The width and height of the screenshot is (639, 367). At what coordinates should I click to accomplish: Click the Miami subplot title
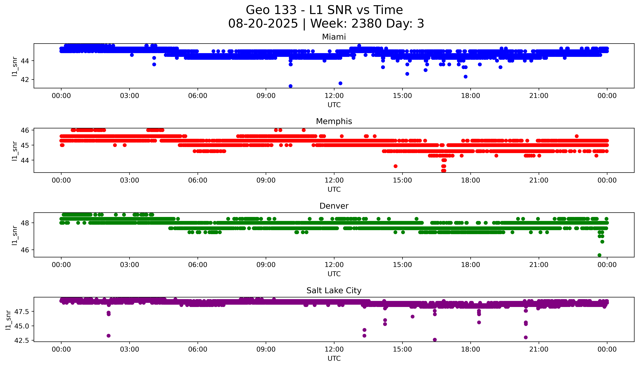(x=334, y=37)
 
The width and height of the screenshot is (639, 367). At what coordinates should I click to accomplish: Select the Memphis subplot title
(x=334, y=121)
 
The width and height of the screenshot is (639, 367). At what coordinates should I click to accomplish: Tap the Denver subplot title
(x=334, y=206)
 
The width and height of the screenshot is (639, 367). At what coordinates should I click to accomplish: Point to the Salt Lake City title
(x=334, y=291)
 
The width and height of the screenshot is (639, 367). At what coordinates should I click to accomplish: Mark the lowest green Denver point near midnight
(x=599, y=255)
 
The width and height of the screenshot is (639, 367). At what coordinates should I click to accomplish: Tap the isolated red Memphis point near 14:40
(x=395, y=166)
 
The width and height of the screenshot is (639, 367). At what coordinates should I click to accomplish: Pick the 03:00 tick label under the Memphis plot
(x=130, y=181)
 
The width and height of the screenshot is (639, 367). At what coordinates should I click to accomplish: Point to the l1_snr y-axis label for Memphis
(x=15, y=151)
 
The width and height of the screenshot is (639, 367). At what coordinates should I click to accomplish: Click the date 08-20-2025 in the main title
(x=263, y=24)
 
